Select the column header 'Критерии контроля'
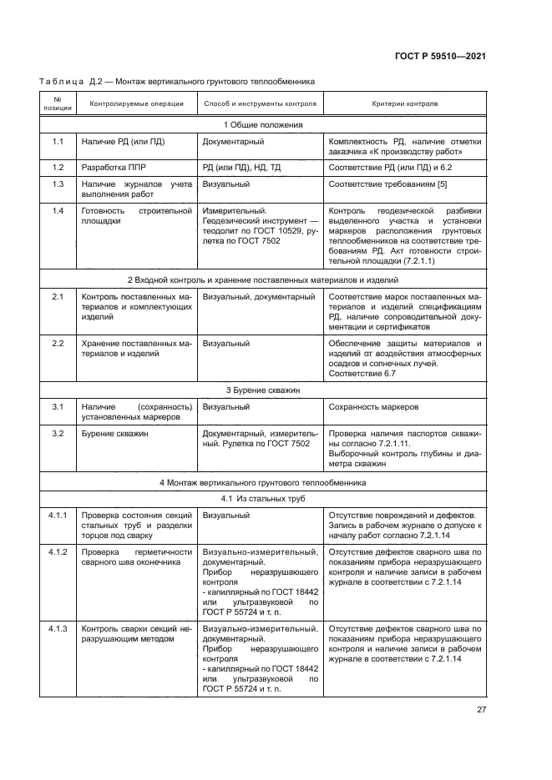[x=404, y=104]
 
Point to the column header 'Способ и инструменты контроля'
[x=260, y=104]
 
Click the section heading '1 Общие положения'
[x=262, y=125]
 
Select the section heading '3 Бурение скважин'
[x=262, y=390]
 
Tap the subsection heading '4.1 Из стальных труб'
[x=262, y=499]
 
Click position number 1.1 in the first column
[x=58, y=142]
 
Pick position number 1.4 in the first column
[x=58, y=210]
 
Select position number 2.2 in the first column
[x=58, y=343]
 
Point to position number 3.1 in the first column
[x=58, y=406]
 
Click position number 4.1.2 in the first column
[x=58, y=552]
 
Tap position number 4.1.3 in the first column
[x=58, y=627]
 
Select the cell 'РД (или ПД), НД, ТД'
[x=242, y=167]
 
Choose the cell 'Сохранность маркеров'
[x=374, y=407]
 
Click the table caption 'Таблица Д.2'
[x=72, y=82]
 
